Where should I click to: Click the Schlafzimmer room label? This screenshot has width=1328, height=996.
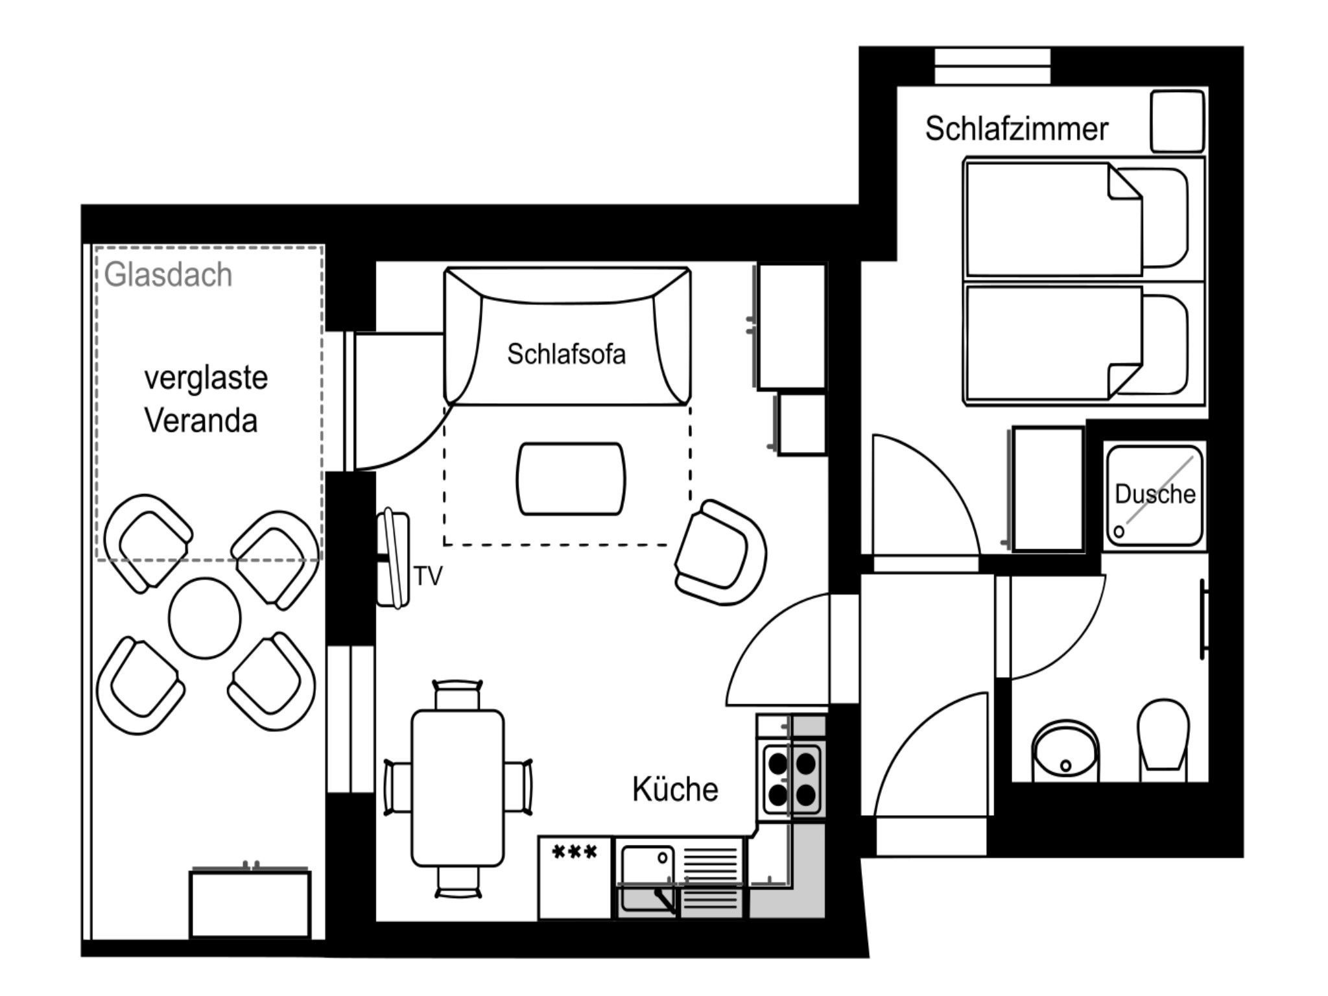coord(1016,128)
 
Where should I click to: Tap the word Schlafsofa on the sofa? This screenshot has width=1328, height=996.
coord(566,354)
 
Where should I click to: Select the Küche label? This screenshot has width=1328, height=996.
coord(675,789)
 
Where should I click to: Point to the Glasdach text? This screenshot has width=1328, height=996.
coord(168,275)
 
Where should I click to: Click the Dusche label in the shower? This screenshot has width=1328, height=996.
coord(1155,494)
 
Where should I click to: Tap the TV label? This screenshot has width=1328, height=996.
coord(428,576)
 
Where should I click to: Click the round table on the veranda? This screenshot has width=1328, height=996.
coord(204,617)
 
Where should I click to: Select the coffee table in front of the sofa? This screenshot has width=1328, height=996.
coord(571,479)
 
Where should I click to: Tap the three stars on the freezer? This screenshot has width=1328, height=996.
coord(574,851)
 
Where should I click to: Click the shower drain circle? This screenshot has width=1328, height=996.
coord(1119,531)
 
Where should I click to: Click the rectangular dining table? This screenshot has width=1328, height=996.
coord(458,788)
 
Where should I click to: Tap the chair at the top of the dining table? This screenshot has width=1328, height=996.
coord(458,694)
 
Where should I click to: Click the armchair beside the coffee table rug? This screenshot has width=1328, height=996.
coord(720,552)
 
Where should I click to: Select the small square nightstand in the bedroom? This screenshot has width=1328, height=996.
coord(1177,122)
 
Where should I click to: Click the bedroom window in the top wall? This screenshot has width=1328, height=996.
coord(992,66)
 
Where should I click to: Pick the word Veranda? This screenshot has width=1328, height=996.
coord(201,420)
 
